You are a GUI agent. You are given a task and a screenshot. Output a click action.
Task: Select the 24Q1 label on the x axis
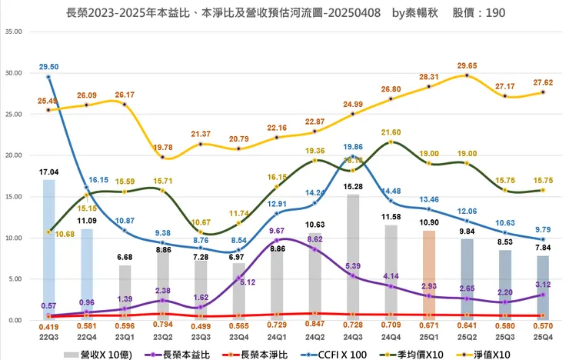[277, 337]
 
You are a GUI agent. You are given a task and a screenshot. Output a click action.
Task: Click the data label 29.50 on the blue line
[50, 67]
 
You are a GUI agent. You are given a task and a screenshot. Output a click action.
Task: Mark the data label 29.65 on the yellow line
[467, 67]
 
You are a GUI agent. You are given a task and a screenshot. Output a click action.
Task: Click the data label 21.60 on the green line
[391, 133]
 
